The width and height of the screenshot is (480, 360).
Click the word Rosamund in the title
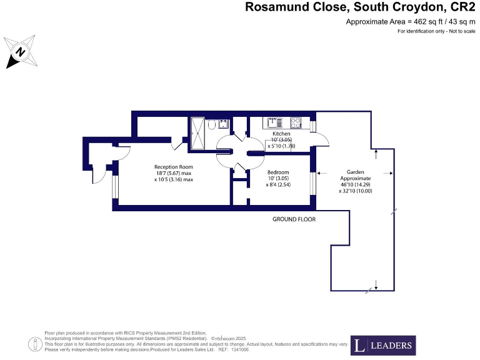click(273, 7)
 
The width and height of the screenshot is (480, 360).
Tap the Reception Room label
click(174, 167)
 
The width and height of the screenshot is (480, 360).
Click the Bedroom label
click(278, 172)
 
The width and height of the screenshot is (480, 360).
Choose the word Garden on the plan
click(356, 172)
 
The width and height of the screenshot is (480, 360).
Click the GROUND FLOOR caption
click(294, 219)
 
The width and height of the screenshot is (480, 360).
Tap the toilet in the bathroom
click(212, 126)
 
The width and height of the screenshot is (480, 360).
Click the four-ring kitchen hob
click(296, 122)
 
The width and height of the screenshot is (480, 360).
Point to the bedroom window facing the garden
click(312, 185)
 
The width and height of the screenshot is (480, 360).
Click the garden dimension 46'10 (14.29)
click(356, 185)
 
